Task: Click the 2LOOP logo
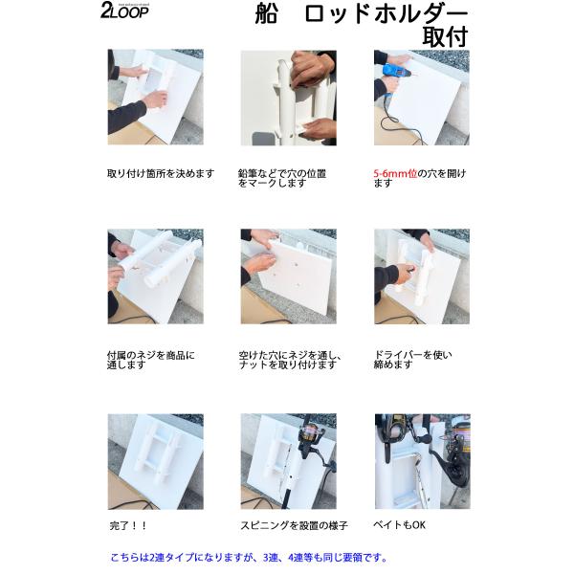pyautogui.click(x=124, y=11)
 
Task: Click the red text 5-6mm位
pyautogui.click(x=395, y=173)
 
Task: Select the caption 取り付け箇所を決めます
pyautogui.click(x=161, y=173)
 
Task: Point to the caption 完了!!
pyautogui.click(x=128, y=525)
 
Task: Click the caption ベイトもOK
pyautogui.click(x=399, y=525)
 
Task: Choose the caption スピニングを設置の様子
pyautogui.click(x=294, y=525)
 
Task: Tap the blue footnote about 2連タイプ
pyautogui.click(x=249, y=558)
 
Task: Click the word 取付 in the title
pyautogui.click(x=445, y=36)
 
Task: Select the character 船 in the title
pyautogui.click(x=267, y=14)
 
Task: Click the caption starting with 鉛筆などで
pyautogui.click(x=282, y=178)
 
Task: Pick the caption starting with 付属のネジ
pyautogui.click(x=151, y=361)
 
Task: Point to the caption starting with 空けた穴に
pyautogui.click(x=290, y=361)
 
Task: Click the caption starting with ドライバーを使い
pyautogui.click(x=412, y=360)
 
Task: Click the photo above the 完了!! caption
pyautogui.click(x=156, y=462)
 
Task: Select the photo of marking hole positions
pyautogui.click(x=289, y=98)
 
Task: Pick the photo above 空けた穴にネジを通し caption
pyautogui.click(x=289, y=276)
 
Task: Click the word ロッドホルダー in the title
pyautogui.click(x=386, y=14)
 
